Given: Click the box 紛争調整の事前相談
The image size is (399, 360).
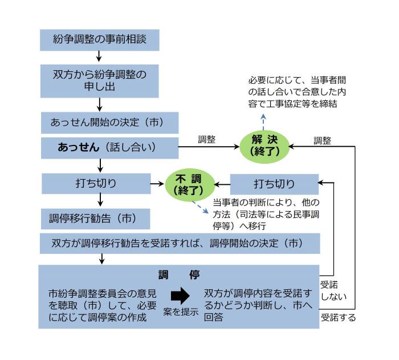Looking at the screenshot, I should coord(99,39).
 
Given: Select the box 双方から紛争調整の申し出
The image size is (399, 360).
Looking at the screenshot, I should coord(99,80).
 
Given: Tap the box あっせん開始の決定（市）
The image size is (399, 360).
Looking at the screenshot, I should coord(110,123).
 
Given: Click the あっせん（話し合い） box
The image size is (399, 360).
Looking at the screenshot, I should coord(110,147).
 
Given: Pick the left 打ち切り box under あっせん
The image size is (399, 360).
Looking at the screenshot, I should coord(95,184).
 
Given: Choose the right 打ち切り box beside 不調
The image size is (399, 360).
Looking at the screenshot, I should coord(274,184).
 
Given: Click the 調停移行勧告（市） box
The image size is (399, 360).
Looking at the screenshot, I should coord(95,218).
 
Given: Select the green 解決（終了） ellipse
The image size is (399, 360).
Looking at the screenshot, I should coord(264,147).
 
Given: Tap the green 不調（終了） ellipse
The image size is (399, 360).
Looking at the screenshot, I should coord(185,184).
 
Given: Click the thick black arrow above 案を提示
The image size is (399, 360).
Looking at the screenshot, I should coord(180,296).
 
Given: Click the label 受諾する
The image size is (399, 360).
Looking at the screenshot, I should coord(338,318).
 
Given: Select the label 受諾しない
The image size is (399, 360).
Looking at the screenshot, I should coord(332,290).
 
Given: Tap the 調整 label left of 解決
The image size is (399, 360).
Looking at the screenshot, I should coord(207,139).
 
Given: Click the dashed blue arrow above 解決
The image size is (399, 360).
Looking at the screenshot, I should coord(264,120).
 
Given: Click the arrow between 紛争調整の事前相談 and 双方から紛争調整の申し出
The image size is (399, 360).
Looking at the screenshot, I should coord(99,56).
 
